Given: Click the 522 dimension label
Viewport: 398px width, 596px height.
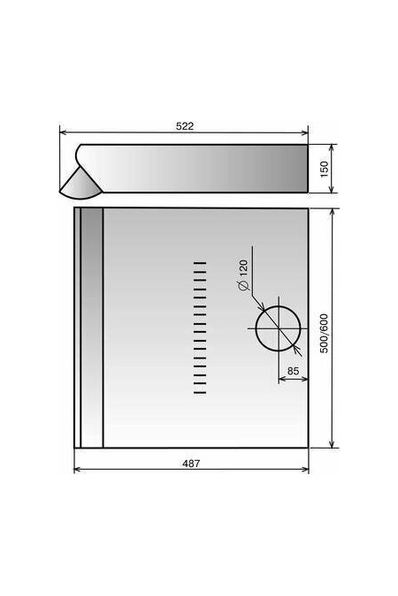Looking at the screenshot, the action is pyautogui.click(x=185, y=125).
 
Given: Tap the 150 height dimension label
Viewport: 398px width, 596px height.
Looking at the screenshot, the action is pyautogui.click(x=324, y=169).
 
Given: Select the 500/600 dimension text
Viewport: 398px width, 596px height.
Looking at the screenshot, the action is pyautogui.click(x=324, y=334).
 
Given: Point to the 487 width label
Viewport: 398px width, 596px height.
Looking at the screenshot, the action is pyautogui.click(x=191, y=464).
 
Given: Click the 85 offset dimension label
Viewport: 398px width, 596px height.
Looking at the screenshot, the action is pyautogui.click(x=293, y=371).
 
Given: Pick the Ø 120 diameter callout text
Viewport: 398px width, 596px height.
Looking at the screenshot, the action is pyautogui.click(x=243, y=275).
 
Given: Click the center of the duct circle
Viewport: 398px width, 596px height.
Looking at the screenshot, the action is pyautogui.click(x=279, y=328).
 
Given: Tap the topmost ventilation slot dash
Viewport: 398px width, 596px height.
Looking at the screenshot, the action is pyautogui.click(x=200, y=262).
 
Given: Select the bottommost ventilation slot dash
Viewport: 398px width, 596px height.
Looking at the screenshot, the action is pyautogui.click(x=200, y=393).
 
